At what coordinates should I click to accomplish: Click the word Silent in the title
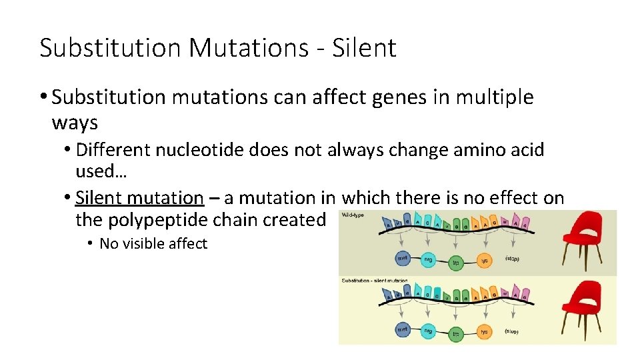(x=369, y=48)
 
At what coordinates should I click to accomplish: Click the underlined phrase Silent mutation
(x=139, y=198)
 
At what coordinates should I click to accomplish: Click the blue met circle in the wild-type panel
(x=403, y=257)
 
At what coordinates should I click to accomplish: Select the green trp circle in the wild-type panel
(x=457, y=263)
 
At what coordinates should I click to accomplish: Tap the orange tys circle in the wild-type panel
(x=485, y=261)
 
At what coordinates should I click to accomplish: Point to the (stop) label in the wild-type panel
(x=513, y=258)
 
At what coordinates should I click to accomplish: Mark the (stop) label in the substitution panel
(x=513, y=331)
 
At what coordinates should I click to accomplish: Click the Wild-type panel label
(x=353, y=215)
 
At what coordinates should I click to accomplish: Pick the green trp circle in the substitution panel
(x=457, y=334)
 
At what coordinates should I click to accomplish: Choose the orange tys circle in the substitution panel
(x=485, y=331)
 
